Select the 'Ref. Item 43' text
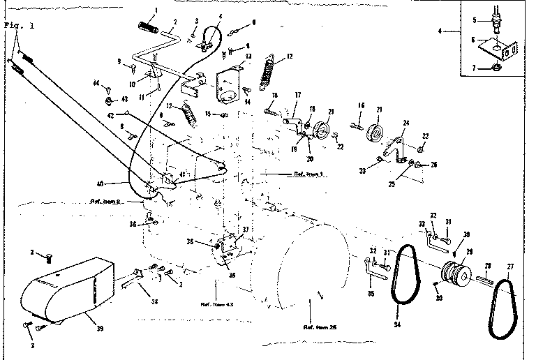coord(216,304)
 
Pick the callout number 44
coord(96,82)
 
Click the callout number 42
coord(110,114)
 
